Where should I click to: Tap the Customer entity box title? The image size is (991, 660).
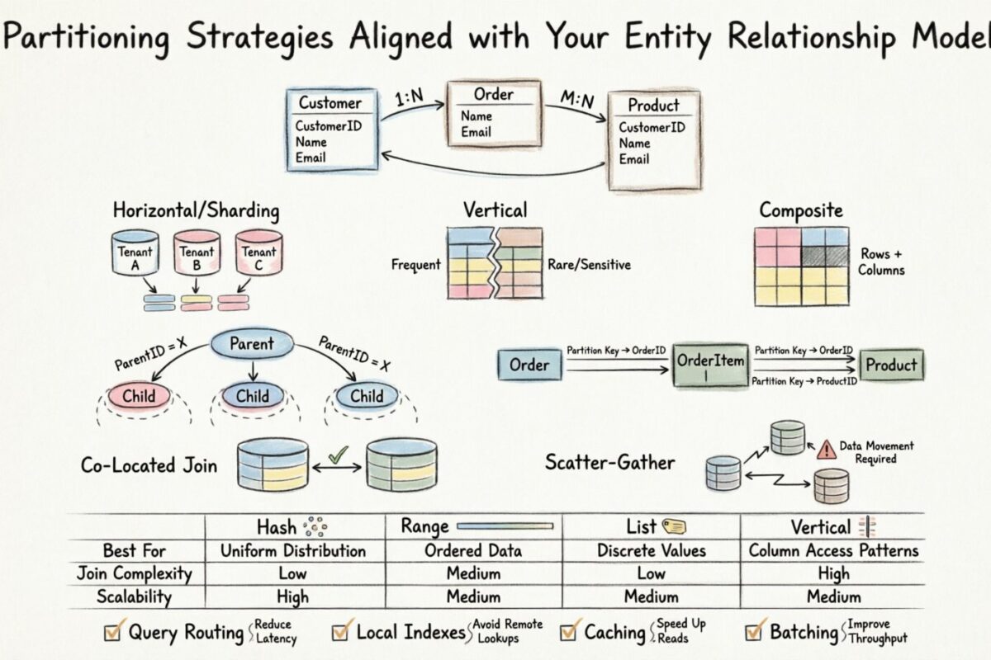click(x=330, y=103)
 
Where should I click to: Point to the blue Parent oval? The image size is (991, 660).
click(x=251, y=344)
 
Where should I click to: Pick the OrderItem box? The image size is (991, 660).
click(x=710, y=365)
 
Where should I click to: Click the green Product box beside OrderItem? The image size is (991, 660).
click(x=891, y=365)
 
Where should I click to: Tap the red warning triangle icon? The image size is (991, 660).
click(x=826, y=450)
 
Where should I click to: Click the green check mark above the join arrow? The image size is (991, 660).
click(x=336, y=455)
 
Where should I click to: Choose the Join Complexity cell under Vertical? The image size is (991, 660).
click(x=832, y=573)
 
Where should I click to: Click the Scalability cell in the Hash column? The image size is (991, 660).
click(x=292, y=596)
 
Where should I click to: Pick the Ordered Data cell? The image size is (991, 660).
click(x=473, y=550)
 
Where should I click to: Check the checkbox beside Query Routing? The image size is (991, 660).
click(x=112, y=633)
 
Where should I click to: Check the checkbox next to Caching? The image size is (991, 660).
click(x=569, y=633)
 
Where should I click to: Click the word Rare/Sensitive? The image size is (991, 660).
click(x=589, y=265)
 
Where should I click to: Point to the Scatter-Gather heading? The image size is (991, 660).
click(x=610, y=462)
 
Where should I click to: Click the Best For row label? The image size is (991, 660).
click(x=134, y=550)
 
